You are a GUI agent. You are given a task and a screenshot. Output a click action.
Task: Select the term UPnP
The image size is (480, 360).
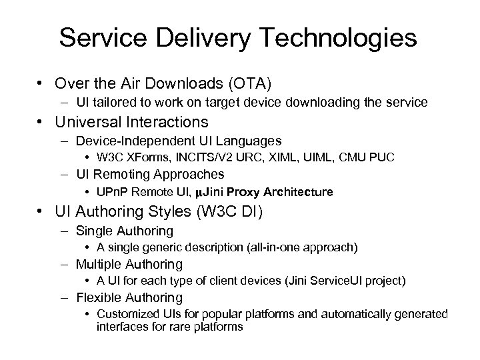111,192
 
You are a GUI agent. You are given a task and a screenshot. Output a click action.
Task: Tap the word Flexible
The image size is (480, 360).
99,298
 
